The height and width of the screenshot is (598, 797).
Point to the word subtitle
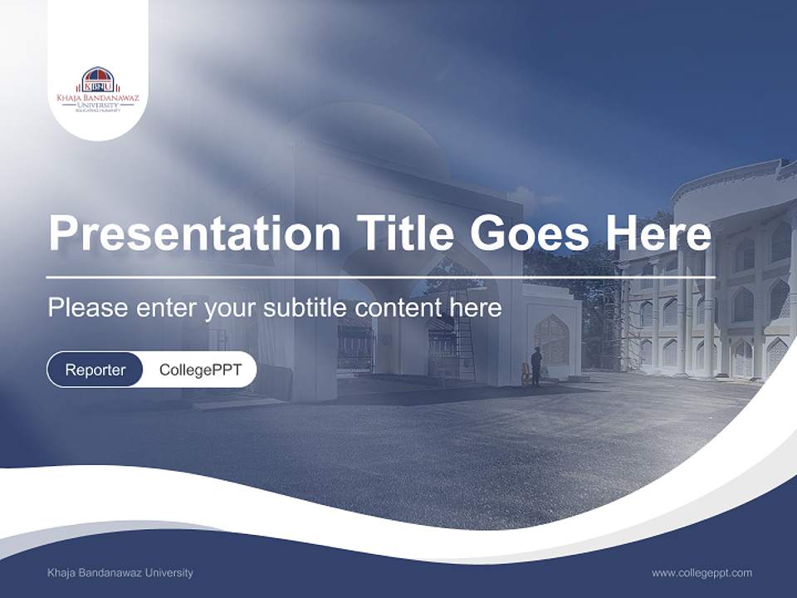(309, 308)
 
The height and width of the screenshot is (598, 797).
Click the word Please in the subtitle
(88, 308)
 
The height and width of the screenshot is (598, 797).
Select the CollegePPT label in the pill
(200, 370)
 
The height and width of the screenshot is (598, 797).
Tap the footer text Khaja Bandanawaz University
(120, 573)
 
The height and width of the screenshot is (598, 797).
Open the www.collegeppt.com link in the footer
(702, 573)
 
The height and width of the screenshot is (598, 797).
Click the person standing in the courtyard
(536, 366)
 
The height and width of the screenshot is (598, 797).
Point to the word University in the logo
(98, 105)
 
